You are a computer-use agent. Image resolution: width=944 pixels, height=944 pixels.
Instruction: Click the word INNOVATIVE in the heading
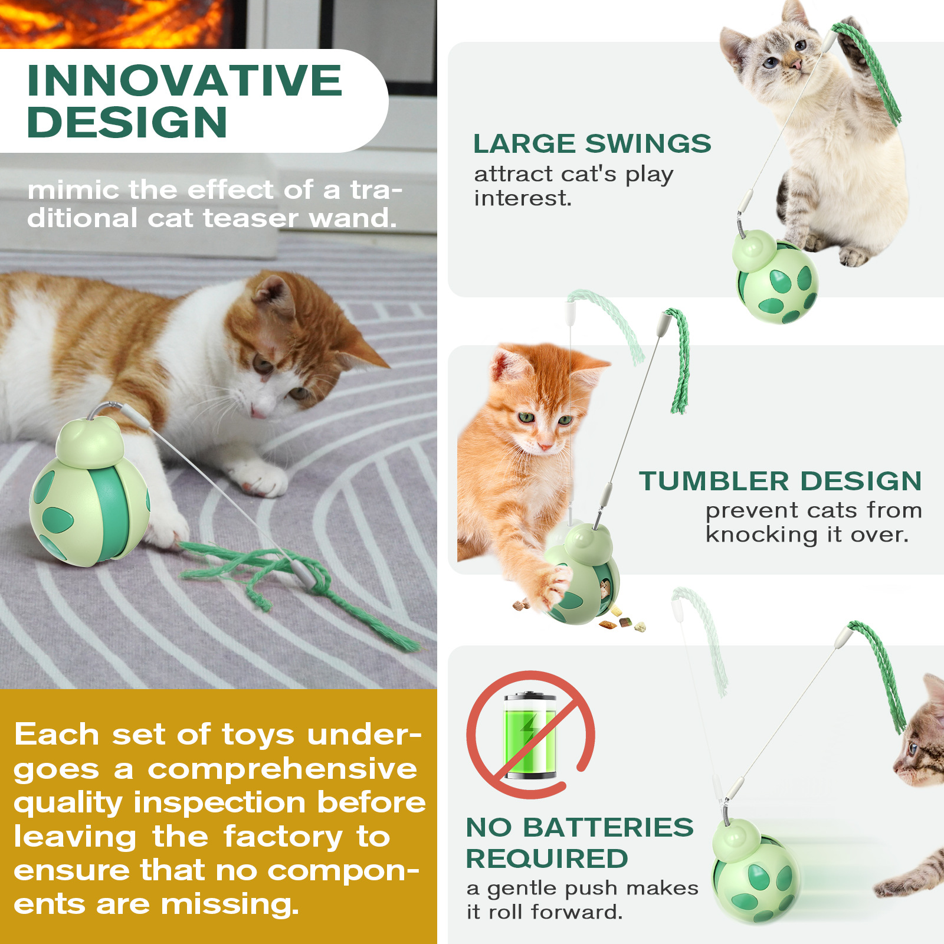pos(184,81)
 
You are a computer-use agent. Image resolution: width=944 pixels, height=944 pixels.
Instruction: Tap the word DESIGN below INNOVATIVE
pos(127,123)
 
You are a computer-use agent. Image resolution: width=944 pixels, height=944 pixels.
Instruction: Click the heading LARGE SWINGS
pos(592,144)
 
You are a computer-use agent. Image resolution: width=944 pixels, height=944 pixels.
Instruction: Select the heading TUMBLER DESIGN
pos(780,481)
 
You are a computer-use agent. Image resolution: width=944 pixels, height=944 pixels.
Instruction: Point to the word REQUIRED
pos(546,858)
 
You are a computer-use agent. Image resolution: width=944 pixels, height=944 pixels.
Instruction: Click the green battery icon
pos(530,735)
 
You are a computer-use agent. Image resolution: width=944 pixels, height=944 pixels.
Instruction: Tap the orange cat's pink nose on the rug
pos(258,411)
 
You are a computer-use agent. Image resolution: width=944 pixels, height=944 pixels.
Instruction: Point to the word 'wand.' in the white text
pos(353,218)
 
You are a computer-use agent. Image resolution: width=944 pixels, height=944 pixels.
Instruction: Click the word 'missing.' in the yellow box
pos(230,904)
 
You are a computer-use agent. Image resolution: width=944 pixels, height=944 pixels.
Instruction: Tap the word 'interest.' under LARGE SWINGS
pos(523,198)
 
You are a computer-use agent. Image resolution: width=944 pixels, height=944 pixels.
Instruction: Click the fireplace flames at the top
pos(112,21)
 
